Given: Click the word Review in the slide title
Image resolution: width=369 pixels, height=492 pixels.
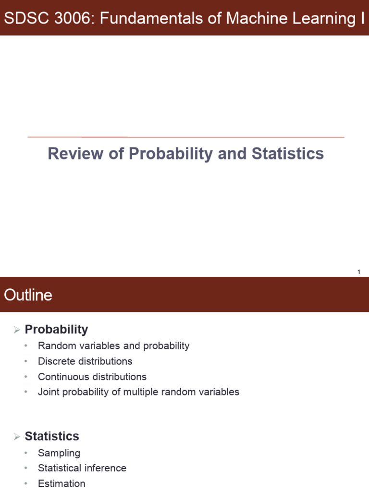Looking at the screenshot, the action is pyautogui.click(x=75, y=153).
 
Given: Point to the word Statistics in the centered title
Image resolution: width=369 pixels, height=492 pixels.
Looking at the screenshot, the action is pyautogui.click(x=287, y=153).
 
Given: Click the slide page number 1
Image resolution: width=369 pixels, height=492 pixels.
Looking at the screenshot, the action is pyautogui.click(x=358, y=272).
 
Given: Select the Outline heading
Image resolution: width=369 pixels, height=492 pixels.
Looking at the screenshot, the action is pyautogui.click(x=28, y=295).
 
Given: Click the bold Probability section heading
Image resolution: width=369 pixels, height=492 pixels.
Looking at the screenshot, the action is pyautogui.click(x=56, y=330).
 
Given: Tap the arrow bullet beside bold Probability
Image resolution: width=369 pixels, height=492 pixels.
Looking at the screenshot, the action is pyautogui.click(x=17, y=330).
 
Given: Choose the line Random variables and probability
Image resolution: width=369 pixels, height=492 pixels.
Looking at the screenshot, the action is pyautogui.click(x=113, y=346).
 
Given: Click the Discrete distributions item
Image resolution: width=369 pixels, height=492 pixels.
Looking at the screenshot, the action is pyautogui.click(x=85, y=361).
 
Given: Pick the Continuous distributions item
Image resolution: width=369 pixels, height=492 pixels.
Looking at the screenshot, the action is pyautogui.click(x=92, y=377).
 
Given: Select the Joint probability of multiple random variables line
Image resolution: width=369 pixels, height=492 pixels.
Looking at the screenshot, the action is pyautogui.click(x=138, y=392).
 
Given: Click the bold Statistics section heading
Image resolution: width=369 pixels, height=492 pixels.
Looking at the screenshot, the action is pyautogui.click(x=52, y=436).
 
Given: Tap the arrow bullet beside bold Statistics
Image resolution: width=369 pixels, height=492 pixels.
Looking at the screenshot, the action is pyautogui.click(x=17, y=436).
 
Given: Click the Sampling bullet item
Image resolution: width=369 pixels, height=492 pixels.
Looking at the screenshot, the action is pyautogui.click(x=59, y=453).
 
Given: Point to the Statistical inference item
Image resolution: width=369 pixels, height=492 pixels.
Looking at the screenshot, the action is pyautogui.click(x=82, y=468).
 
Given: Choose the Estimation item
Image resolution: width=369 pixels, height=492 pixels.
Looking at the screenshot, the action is pyautogui.click(x=61, y=483).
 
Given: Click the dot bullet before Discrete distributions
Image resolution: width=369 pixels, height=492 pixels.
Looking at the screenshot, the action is pyautogui.click(x=26, y=361).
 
